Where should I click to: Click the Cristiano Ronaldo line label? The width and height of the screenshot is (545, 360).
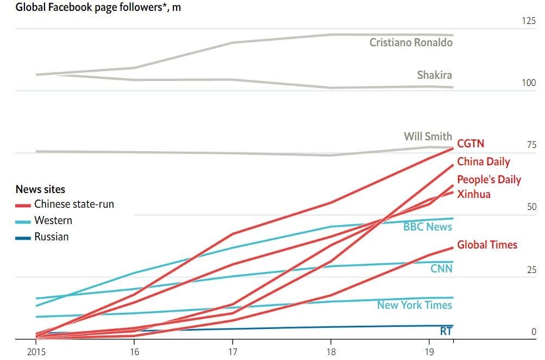pyautogui.click(x=411, y=42)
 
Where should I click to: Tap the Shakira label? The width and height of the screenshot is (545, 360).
pyautogui.click(x=434, y=75)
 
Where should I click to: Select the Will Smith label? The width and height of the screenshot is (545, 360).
pyautogui.click(x=428, y=136)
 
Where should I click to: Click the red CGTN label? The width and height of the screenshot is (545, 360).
pyautogui.click(x=470, y=144)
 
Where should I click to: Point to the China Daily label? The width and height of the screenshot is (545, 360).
pyautogui.click(x=483, y=162)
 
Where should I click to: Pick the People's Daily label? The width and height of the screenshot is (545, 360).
pyautogui.click(x=488, y=179)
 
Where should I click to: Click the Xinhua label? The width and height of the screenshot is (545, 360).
pyautogui.click(x=473, y=194)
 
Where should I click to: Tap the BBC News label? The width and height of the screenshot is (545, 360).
pyautogui.click(x=427, y=227)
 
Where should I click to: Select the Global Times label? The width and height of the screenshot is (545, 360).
pyautogui.click(x=487, y=245)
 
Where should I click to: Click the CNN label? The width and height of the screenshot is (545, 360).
pyautogui.click(x=441, y=269)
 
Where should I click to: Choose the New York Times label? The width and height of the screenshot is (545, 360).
pyautogui.click(x=414, y=305)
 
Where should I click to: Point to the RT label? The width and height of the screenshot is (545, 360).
pyautogui.click(x=446, y=331)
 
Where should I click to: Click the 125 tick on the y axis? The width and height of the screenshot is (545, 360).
pyautogui.click(x=528, y=21)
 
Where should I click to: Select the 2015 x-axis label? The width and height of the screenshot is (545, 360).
pyautogui.click(x=36, y=351)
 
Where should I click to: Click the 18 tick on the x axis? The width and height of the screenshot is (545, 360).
pyautogui.click(x=331, y=351)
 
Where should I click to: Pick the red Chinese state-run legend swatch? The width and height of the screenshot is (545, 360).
pyautogui.click(x=23, y=205)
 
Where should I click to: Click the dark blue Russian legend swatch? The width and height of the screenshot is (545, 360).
pyautogui.click(x=23, y=238)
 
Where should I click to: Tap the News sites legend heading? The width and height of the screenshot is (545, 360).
pyautogui.click(x=40, y=189)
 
